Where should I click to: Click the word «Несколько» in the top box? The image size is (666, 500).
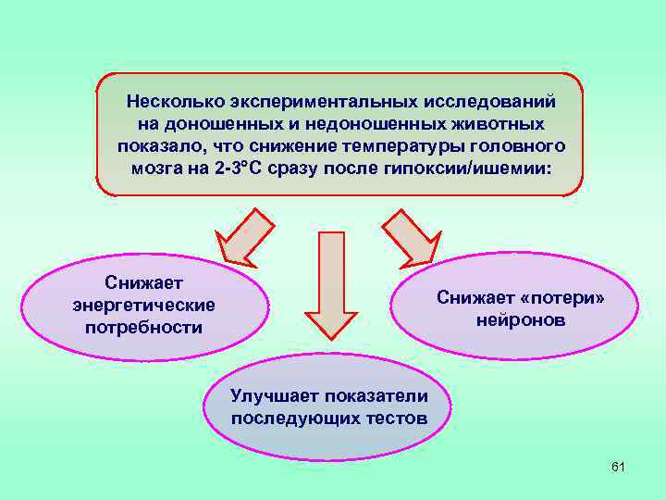(170, 99)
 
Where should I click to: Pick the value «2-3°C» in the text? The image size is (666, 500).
(247, 169)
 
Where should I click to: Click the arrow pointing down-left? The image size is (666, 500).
(242, 239)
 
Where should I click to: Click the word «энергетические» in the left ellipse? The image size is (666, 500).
(143, 305)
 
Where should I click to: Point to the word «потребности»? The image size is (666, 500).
(143, 327)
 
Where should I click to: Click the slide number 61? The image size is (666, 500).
(619, 467)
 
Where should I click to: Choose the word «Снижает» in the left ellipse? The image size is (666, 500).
(143, 282)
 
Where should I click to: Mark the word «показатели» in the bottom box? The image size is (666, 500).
(375, 396)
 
